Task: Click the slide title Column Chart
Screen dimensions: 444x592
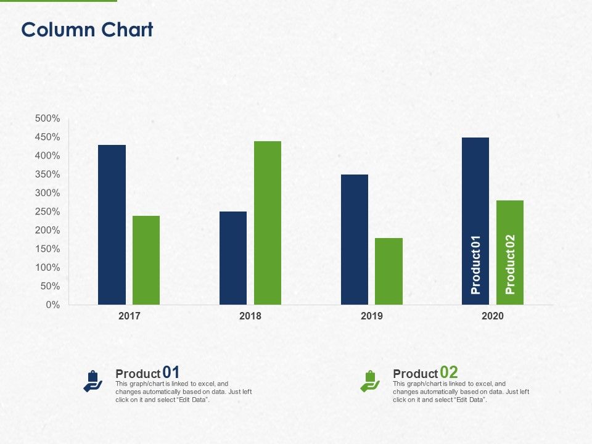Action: click(87, 30)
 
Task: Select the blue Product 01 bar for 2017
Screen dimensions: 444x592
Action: click(112, 224)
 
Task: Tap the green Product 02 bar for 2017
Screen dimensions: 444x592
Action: click(146, 260)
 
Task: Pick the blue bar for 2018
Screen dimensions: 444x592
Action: click(233, 258)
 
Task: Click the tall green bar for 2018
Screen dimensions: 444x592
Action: click(268, 223)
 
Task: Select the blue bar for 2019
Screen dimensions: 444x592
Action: click(355, 239)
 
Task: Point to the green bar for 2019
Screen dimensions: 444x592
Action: click(389, 271)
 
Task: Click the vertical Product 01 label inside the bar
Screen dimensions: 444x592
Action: click(475, 265)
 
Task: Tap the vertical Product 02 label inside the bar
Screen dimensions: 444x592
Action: click(510, 265)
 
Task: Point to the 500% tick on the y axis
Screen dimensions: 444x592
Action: click(47, 118)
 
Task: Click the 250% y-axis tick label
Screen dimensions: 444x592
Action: click(47, 212)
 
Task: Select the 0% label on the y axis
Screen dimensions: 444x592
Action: click(53, 305)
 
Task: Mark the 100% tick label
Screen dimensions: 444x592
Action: click(47, 268)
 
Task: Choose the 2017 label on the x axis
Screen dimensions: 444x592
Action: click(129, 316)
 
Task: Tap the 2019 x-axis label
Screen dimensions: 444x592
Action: click(372, 316)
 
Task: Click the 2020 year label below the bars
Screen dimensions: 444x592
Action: click(493, 316)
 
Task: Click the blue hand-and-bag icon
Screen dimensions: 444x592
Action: click(92, 381)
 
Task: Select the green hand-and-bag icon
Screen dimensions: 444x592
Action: click(370, 381)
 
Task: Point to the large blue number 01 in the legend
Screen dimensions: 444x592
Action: click(171, 372)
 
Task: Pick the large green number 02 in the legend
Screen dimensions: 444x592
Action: click(449, 372)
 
